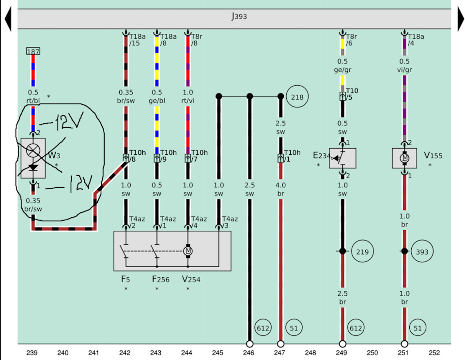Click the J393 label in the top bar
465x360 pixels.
[239, 17]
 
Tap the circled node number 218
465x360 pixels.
[297, 97]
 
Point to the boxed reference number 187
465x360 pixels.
[33, 51]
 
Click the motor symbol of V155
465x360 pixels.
[404, 158]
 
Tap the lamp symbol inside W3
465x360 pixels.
[33, 150]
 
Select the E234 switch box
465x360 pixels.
[342, 158]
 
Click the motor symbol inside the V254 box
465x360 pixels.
[187, 251]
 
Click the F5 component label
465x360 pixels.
[125, 279]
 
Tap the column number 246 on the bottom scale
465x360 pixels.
[249, 353]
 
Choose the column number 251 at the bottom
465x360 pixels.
[404, 353]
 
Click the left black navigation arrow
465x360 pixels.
[8, 20]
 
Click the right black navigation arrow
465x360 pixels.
[461, 20]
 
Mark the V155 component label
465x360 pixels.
[433, 156]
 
